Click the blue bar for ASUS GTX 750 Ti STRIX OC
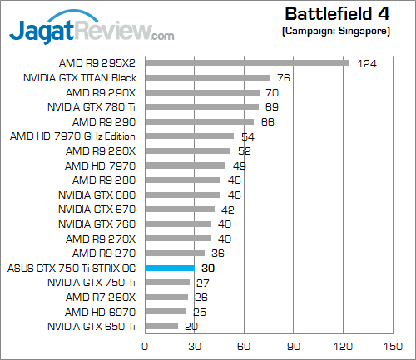(x=170, y=268)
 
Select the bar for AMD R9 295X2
(x=247, y=62)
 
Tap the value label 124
(x=366, y=63)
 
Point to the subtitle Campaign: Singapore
(x=342, y=32)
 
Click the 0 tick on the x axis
(x=146, y=346)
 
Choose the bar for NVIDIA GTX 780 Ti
(x=202, y=106)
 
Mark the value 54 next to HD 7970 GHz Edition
(x=247, y=136)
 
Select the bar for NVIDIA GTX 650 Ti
(x=161, y=326)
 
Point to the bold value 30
(x=208, y=269)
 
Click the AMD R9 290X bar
(x=203, y=91)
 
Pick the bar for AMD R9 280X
(x=188, y=150)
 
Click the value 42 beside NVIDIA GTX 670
(x=227, y=210)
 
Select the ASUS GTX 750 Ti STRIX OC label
(x=72, y=268)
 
